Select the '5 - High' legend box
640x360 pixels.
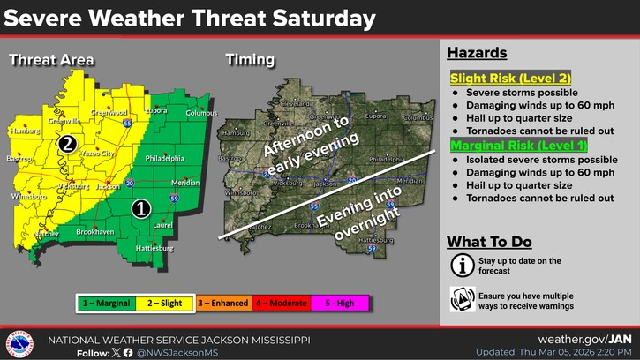[339, 304]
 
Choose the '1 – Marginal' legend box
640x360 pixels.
[106, 304]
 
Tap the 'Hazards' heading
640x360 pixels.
[477, 53]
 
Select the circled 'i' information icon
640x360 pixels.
[462, 265]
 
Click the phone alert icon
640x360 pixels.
[462, 298]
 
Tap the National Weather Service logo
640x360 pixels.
[19, 343]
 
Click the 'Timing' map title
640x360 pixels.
[249, 60]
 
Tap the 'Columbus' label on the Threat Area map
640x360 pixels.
[201, 113]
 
